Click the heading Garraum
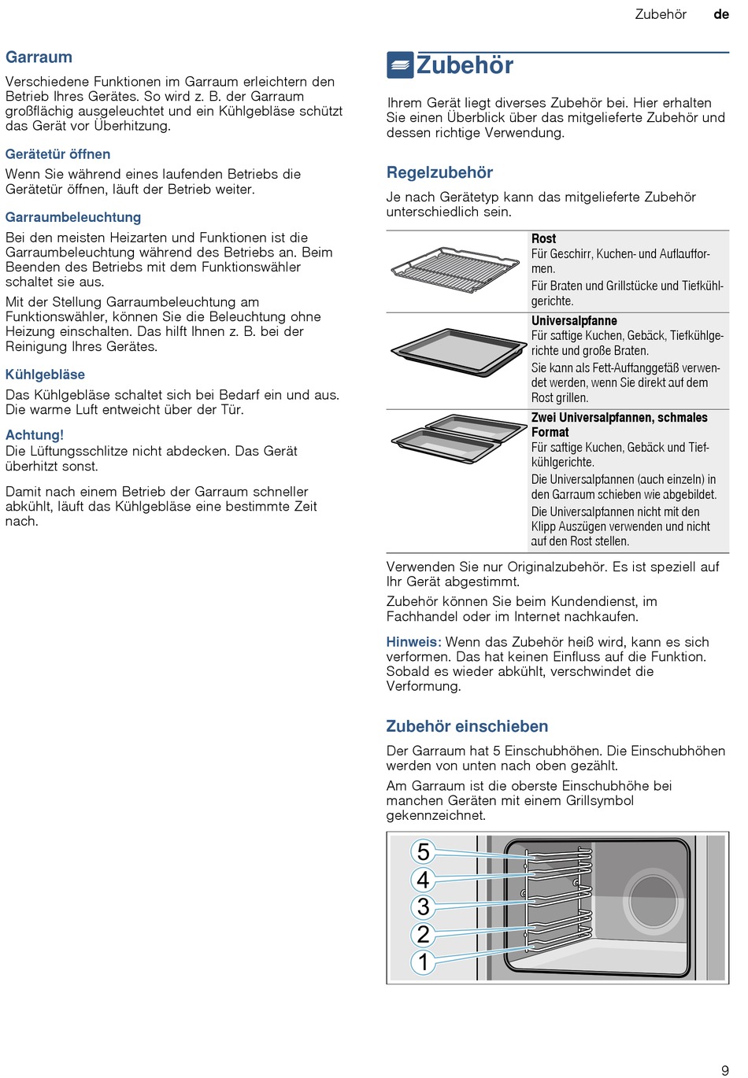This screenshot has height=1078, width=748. [39, 57]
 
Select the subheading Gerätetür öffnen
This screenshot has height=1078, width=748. [57, 154]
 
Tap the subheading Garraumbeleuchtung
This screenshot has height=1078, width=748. [73, 217]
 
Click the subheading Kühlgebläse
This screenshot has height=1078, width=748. [45, 375]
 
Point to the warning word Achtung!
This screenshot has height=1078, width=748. [35, 435]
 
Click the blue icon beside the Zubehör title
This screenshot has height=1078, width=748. [400, 65]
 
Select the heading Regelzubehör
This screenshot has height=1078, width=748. [439, 172]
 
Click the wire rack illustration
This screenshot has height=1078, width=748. [445, 270]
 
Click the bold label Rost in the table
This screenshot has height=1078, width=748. [543, 238]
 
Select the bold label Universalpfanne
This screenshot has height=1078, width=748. [574, 320]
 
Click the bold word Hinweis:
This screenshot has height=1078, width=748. [413, 642]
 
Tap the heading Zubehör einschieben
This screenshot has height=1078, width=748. [467, 726]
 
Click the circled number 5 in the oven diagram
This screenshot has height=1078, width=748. [424, 851]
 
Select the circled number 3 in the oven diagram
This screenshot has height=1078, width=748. [424, 906]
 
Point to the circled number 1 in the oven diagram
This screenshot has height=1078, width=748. [424, 962]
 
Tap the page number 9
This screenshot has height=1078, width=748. [725, 1070]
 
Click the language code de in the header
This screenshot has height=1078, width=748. [721, 14]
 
